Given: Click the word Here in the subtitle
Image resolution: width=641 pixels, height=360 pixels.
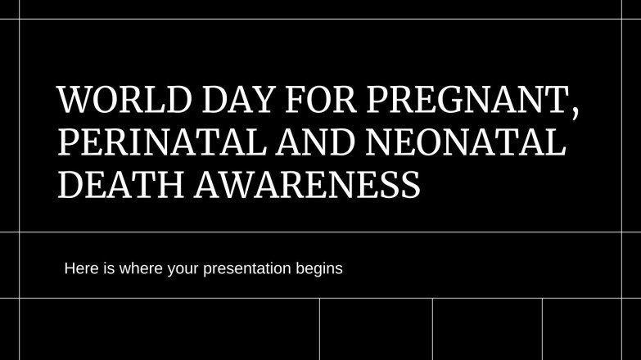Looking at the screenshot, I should tap(79, 268).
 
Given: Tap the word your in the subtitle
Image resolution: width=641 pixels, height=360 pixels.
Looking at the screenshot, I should tap(179, 268).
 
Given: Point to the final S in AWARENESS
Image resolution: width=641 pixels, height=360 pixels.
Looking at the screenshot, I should tap(412, 185).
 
